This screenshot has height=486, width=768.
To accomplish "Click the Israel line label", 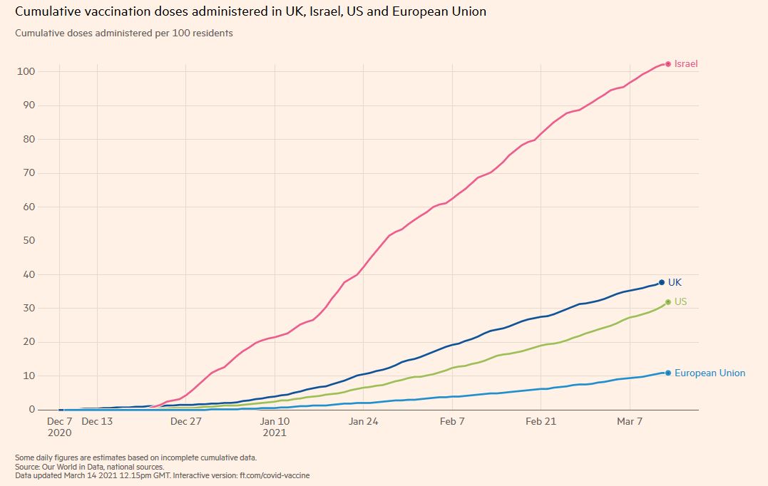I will (686, 64).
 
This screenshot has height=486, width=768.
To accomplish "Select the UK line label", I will (675, 283).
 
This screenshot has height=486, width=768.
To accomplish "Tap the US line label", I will (680, 302).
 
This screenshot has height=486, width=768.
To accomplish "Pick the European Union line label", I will (710, 373).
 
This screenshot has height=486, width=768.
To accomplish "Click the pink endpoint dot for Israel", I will (668, 64).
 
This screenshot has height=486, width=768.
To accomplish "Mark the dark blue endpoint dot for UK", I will (662, 283).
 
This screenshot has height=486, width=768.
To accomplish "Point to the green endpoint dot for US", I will (668, 302).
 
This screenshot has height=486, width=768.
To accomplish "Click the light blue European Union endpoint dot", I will (668, 373).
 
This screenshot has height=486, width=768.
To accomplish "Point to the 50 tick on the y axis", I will (29, 240).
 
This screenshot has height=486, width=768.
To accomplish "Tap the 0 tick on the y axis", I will (31, 410).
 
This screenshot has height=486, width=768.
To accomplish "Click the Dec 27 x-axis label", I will (186, 422).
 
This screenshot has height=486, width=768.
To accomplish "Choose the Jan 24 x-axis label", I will (364, 422).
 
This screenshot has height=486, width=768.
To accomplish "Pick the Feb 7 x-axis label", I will (452, 422).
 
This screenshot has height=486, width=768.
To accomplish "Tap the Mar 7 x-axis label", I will (630, 422).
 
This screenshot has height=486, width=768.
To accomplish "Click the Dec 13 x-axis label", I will (97, 422).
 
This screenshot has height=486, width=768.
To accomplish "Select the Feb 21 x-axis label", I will (541, 422).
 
